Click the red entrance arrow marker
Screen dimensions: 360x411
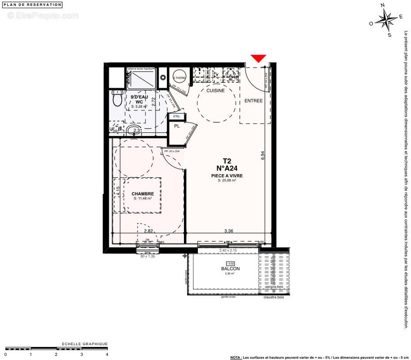pos(258,58)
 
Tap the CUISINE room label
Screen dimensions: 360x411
pos(215,90)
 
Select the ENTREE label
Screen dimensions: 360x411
pos(253,101)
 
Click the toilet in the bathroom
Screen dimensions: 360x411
pos(117,99)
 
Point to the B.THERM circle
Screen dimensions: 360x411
pos(179,77)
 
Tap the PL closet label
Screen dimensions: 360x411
pos(177,126)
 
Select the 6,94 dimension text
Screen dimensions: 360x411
pos(263,155)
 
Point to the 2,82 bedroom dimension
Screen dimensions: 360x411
pos(148,231)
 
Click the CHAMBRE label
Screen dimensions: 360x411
pos(143,194)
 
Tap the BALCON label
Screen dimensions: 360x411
pos(230,269)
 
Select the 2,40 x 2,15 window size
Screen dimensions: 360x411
pos(228,250)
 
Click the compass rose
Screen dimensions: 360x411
pos(386,20)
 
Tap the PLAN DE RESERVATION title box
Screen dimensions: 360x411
pos(32,4)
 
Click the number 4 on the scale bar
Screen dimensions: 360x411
pos(107,354)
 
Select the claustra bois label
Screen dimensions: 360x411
pos(276,297)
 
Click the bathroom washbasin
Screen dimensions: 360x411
pos(132,131)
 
